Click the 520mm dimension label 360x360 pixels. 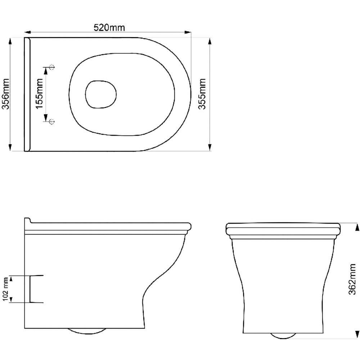click(107, 27)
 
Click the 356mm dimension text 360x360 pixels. click(6, 95)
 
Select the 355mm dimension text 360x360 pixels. click(203, 95)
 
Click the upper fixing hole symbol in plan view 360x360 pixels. click(51, 67)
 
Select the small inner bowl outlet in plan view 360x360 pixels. click(101, 94)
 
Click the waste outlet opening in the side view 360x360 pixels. click(36, 289)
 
